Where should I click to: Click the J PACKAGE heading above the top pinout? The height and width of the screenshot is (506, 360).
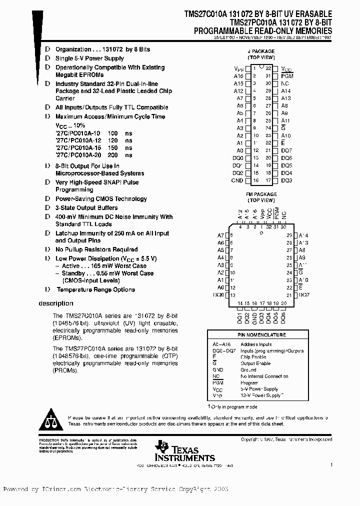tap(261, 51)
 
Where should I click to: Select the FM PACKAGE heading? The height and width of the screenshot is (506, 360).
tap(261, 194)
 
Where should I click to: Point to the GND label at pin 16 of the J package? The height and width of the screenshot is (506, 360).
tap(237, 180)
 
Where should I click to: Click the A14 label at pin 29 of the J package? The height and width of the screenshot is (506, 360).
tap(285, 91)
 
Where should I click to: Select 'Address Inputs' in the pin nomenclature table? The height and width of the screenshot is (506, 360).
tap(256, 344)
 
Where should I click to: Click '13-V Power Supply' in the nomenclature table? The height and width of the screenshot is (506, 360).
tap(261, 395)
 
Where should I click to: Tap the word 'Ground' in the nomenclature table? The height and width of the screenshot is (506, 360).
tap(248, 370)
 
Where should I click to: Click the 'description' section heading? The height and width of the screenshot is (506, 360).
tap(55, 303)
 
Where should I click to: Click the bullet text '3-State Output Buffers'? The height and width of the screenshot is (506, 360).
tap(86, 208)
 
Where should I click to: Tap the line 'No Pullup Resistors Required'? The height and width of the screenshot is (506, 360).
tap(96, 249)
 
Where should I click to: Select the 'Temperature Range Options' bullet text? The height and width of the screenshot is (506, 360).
tap(95, 290)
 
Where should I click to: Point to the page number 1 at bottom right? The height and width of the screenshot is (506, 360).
tap(331, 465)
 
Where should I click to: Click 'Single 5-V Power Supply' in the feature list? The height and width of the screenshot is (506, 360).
tap(89, 58)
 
